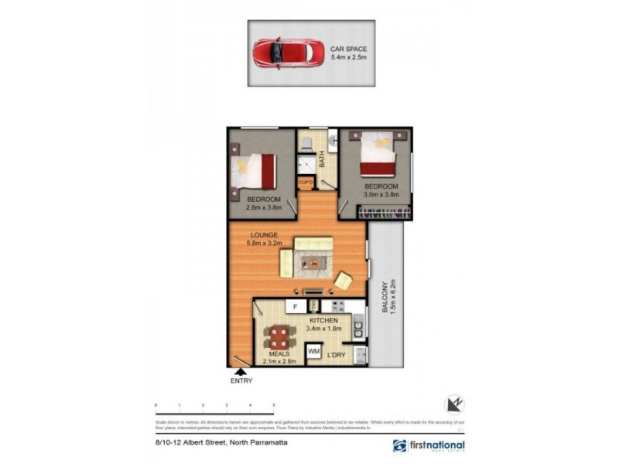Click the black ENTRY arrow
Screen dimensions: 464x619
[x=241, y=373]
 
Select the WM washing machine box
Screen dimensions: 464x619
[x=313, y=351]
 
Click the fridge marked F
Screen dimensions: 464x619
[x=294, y=307]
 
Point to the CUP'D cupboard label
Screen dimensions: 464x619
[x=306, y=183]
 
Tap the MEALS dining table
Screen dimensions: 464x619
[x=280, y=336]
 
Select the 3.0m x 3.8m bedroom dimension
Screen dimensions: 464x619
[x=381, y=195]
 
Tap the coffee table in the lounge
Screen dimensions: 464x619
[x=313, y=263]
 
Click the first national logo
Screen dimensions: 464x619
[x=429, y=445]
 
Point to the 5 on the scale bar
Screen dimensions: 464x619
[x=273, y=405]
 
